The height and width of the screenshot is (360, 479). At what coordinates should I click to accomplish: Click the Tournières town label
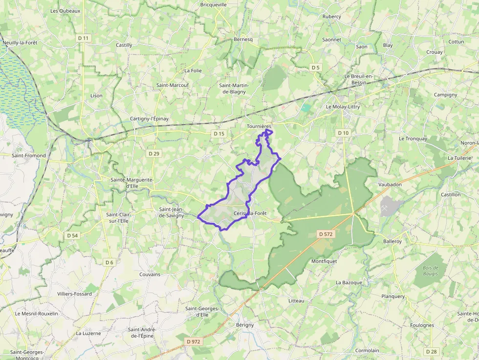tap(259, 126)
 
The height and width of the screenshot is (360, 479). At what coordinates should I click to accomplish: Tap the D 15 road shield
tap(219, 133)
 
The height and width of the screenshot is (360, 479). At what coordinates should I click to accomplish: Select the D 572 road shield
tap(326, 234)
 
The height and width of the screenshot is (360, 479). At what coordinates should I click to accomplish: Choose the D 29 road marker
tap(154, 153)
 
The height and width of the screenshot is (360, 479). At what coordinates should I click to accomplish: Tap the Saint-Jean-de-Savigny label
tap(172, 212)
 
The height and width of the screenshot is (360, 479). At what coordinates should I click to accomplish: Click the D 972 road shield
tap(194, 341)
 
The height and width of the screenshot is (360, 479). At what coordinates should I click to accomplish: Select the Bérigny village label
tap(245, 325)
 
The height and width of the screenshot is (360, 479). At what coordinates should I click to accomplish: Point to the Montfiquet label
tap(324, 261)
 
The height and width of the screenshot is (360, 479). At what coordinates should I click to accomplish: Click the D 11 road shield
tap(84, 38)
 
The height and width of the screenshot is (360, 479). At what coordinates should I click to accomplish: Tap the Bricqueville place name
tap(213, 5)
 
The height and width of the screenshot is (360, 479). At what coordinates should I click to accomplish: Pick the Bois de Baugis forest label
tap(431, 272)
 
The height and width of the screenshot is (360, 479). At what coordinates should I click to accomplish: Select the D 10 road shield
tap(343, 133)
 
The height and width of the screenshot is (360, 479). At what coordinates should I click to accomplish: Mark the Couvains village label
tap(150, 275)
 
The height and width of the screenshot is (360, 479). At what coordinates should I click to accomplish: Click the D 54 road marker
tap(72, 235)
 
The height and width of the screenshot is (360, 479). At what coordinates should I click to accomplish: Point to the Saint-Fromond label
tap(29, 156)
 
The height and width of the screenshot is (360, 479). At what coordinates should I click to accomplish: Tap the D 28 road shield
tap(431, 352)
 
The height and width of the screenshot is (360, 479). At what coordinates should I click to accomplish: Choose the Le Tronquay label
tap(413, 139)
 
